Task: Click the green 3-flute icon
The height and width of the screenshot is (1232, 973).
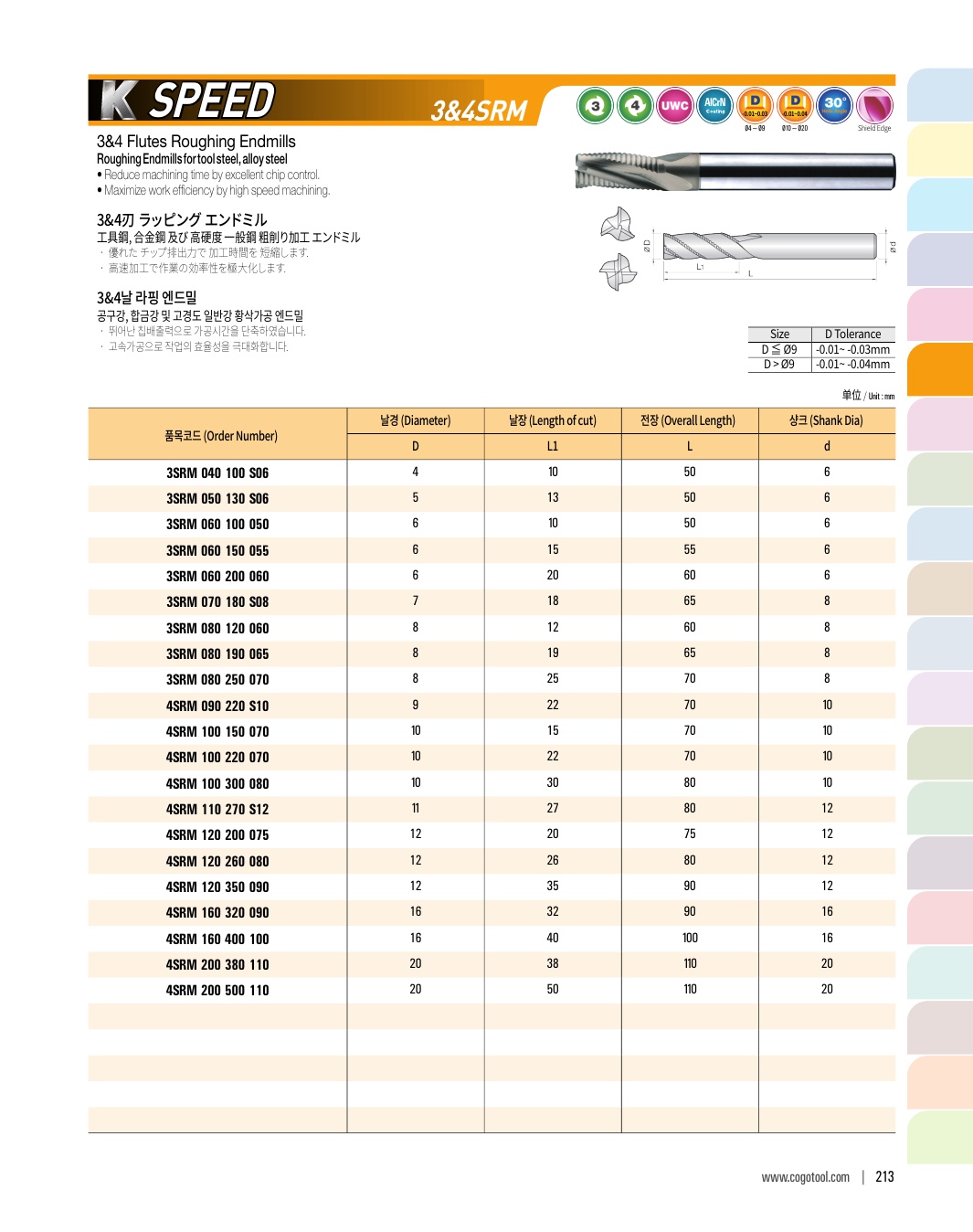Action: (x=595, y=106)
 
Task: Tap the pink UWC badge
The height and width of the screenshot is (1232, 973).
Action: (x=674, y=106)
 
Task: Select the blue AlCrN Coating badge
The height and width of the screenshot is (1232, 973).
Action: (x=714, y=106)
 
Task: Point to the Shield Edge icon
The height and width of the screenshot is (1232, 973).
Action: (x=874, y=107)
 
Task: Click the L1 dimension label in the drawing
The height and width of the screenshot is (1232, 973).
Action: (x=700, y=267)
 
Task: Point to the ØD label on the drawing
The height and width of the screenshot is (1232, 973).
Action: (x=647, y=245)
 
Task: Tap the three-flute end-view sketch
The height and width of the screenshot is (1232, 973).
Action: (x=618, y=224)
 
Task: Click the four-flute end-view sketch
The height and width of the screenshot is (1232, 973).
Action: (x=618, y=271)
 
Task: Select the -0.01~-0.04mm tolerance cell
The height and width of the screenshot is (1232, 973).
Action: (x=853, y=364)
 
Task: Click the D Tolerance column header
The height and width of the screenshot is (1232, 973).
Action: (x=853, y=335)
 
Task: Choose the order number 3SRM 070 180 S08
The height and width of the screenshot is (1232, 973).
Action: (x=217, y=601)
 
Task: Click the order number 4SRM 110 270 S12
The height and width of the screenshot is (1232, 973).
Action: (x=217, y=809)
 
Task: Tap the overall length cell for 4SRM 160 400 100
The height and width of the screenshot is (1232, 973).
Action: (x=690, y=938)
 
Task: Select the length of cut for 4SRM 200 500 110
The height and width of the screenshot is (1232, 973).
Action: (x=553, y=989)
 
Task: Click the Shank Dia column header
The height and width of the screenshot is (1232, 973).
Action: (x=826, y=420)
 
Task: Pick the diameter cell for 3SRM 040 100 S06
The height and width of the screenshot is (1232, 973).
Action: (x=415, y=472)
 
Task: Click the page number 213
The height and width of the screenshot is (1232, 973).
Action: (x=884, y=1176)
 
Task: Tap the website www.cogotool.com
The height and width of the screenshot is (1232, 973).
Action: (x=805, y=1177)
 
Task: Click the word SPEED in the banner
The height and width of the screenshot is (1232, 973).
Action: (x=213, y=101)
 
